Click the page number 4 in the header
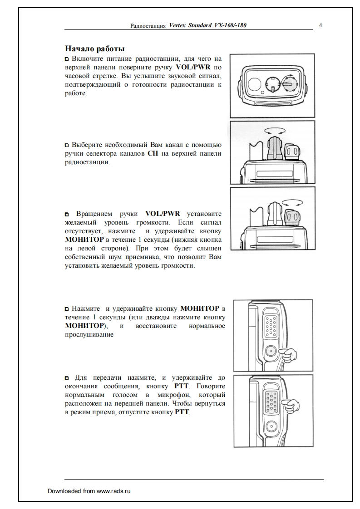click(x=321, y=25)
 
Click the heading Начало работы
click(x=95, y=49)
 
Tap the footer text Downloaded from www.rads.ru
click(x=89, y=491)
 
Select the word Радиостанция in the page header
click(x=148, y=26)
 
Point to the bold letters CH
click(x=152, y=153)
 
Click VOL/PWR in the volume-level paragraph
click(x=163, y=213)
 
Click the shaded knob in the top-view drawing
click(x=287, y=84)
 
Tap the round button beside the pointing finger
click(x=271, y=351)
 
